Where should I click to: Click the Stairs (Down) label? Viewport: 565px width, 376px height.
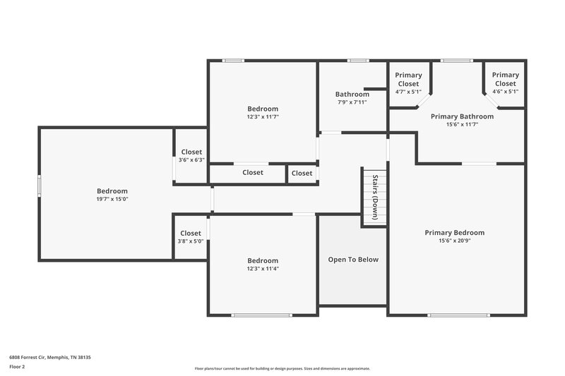(x=376, y=198)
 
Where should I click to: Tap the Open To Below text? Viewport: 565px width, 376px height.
(x=353, y=260)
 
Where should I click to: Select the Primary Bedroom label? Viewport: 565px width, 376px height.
(x=454, y=233)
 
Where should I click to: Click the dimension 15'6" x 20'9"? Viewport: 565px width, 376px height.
(x=454, y=241)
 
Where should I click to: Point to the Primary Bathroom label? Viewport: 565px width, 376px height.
(x=462, y=116)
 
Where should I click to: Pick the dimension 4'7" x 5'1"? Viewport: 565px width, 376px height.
(x=408, y=92)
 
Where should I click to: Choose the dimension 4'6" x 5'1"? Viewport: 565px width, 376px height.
(x=505, y=92)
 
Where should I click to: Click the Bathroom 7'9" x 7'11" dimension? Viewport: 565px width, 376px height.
(x=352, y=103)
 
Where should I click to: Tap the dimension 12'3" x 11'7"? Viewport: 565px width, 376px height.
(x=263, y=117)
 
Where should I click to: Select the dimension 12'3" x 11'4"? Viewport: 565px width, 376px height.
(x=263, y=269)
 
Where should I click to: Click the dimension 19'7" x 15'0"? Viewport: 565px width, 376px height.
(x=112, y=200)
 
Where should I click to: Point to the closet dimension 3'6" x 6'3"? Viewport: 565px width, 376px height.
(x=191, y=160)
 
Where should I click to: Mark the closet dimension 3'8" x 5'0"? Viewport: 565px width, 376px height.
(x=191, y=241)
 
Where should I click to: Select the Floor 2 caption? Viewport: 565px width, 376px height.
(x=18, y=367)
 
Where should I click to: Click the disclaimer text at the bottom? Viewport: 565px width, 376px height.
(x=282, y=368)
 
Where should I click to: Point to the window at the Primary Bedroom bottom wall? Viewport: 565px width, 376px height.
(x=449, y=315)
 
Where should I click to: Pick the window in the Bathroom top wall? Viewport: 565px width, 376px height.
(x=358, y=61)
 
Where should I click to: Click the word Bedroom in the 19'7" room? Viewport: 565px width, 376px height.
(x=112, y=191)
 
